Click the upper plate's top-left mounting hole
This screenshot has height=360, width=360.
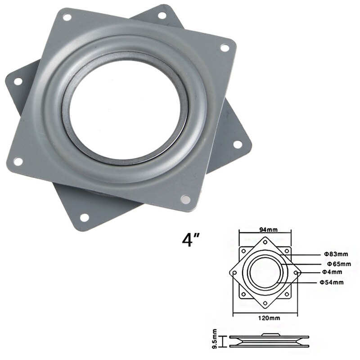tap(67, 18)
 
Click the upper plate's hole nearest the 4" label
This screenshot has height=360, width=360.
tap(185, 198)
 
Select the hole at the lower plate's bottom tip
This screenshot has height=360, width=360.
tap(84, 218)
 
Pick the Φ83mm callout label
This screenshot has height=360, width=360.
tap(332, 253)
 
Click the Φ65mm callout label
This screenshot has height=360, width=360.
tap(333, 263)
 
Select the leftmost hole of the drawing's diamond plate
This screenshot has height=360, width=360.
tap(234, 272)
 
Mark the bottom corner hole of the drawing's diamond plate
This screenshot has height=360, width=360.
tap(265, 304)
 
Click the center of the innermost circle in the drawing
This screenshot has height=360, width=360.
tap(265, 272)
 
